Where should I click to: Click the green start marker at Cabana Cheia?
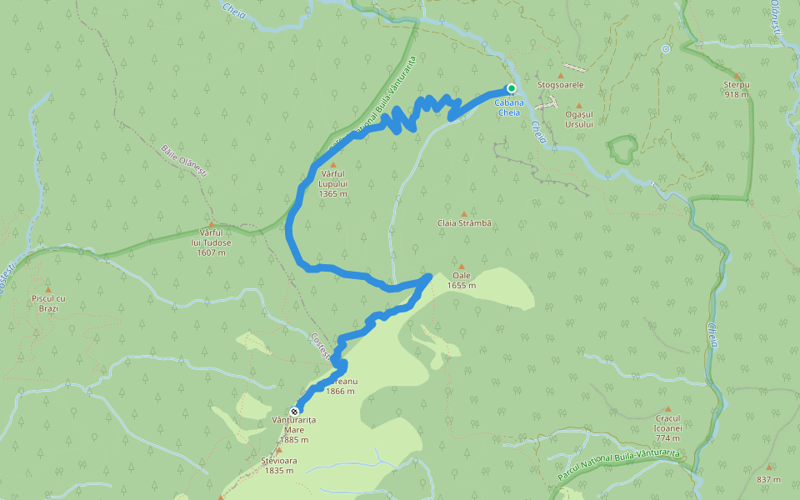[x=512, y=88]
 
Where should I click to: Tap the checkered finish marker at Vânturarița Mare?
[x=294, y=412]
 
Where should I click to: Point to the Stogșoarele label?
[x=561, y=85]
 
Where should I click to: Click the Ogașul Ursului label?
[x=578, y=118]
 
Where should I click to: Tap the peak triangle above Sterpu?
[x=737, y=75]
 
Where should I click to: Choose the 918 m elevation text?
[x=737, y=95]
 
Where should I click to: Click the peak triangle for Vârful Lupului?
[x=332, y=165]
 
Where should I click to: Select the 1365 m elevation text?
[x=332, y=193]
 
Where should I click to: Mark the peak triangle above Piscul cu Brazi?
[x=47, y=289]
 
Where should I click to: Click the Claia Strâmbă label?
[x=465, y=223]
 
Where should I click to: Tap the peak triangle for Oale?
[x=461, y=266]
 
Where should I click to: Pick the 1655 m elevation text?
[x=461, y=286]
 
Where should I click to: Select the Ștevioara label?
[x=278, y=460]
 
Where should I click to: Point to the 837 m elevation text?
[x=768, y=479]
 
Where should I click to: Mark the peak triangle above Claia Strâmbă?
[x=465, y=213]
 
